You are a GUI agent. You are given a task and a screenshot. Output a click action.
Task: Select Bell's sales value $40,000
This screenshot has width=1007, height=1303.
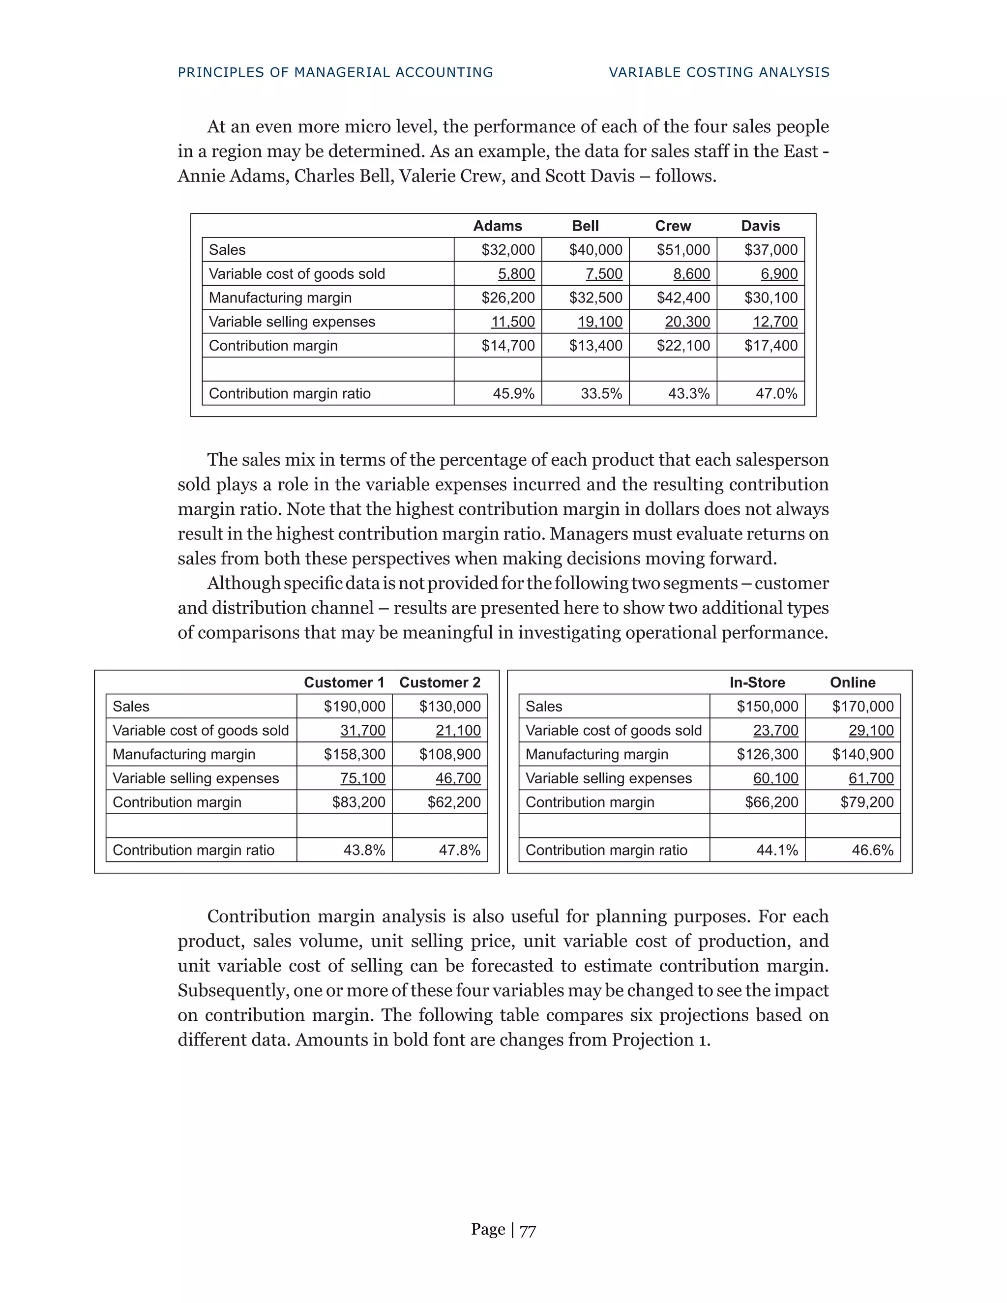(595, 250)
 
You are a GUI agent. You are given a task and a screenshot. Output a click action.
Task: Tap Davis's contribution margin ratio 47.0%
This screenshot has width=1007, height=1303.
(776, 394)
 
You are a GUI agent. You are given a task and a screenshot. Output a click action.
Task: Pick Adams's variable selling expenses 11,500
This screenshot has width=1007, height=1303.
(512, 322)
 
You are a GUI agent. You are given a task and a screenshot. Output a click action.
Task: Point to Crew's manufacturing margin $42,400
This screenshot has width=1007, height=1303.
(683, 297)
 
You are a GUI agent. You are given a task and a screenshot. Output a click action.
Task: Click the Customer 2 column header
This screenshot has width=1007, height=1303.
(440, 682)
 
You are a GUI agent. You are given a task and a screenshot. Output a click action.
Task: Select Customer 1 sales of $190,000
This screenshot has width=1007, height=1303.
(355, 707)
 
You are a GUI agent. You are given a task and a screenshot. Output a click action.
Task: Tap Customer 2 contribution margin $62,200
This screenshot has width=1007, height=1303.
(454, 802)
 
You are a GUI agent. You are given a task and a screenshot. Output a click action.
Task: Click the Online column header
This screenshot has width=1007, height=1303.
(853, 682)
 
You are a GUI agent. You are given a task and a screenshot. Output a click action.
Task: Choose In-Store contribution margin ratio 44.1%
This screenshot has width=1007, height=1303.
(777, 850)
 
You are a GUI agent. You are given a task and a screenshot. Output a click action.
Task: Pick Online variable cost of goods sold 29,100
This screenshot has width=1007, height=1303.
(871, 731)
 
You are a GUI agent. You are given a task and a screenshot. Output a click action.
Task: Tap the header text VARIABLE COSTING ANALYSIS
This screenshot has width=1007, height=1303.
(719, 73)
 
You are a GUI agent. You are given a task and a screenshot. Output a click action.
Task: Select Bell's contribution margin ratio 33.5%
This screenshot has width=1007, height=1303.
(601, 394)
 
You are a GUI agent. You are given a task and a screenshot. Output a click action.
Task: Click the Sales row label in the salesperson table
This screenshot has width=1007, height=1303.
(227, 250)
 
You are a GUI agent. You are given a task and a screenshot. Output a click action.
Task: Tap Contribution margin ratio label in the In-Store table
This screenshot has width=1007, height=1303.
(606, 850)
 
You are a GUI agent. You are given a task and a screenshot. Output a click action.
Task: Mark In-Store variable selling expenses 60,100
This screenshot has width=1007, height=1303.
(775, 778)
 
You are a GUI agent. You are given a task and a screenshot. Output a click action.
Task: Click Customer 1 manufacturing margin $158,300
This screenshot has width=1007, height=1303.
(355, 755)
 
